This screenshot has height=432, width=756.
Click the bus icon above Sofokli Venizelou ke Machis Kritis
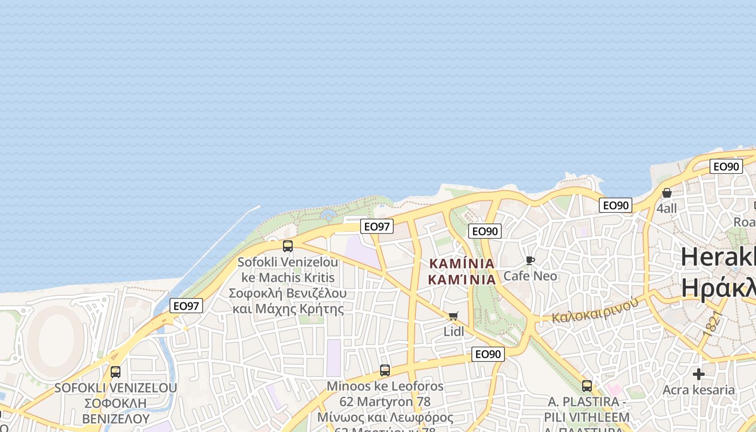pyautogui.click(x=288, y=246)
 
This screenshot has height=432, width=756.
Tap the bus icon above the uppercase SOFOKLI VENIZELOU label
pyautogui.click(x=116, y=372)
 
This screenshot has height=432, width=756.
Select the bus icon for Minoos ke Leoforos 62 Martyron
pyautogui.click(x=385, y=370)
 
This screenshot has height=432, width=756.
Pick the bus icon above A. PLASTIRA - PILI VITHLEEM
pyautogui.click(x=587, y=386)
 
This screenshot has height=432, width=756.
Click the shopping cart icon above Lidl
pyautogui.click(x=454, y=316)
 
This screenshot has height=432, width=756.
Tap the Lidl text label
pyautogui.click(x=454, y=331)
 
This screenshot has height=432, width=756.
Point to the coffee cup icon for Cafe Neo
pyautogui.click(x=530, y=261)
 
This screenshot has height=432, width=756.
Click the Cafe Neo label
pyautogui.click(x=530, y=276)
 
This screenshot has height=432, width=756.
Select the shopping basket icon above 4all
pyautogui.click(x=667, y=193)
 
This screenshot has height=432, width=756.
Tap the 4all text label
pyautogui.click(x=667, y=208)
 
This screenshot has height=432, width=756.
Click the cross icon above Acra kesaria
pyautogui.click(x=699, y=374)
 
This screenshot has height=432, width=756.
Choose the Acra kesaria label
pyautogui.click(x=699, y=390)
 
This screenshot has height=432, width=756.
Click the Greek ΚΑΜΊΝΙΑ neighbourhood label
pyautogui.click(x=462, y=279)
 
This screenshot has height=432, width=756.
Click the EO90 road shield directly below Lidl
pyautogui.click(x=488, y=354)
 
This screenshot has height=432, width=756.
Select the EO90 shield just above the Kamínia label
pyautogui.click(x=485, y=232)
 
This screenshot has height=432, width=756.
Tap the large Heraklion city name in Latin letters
pyautogui.click(x=718, y=256)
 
